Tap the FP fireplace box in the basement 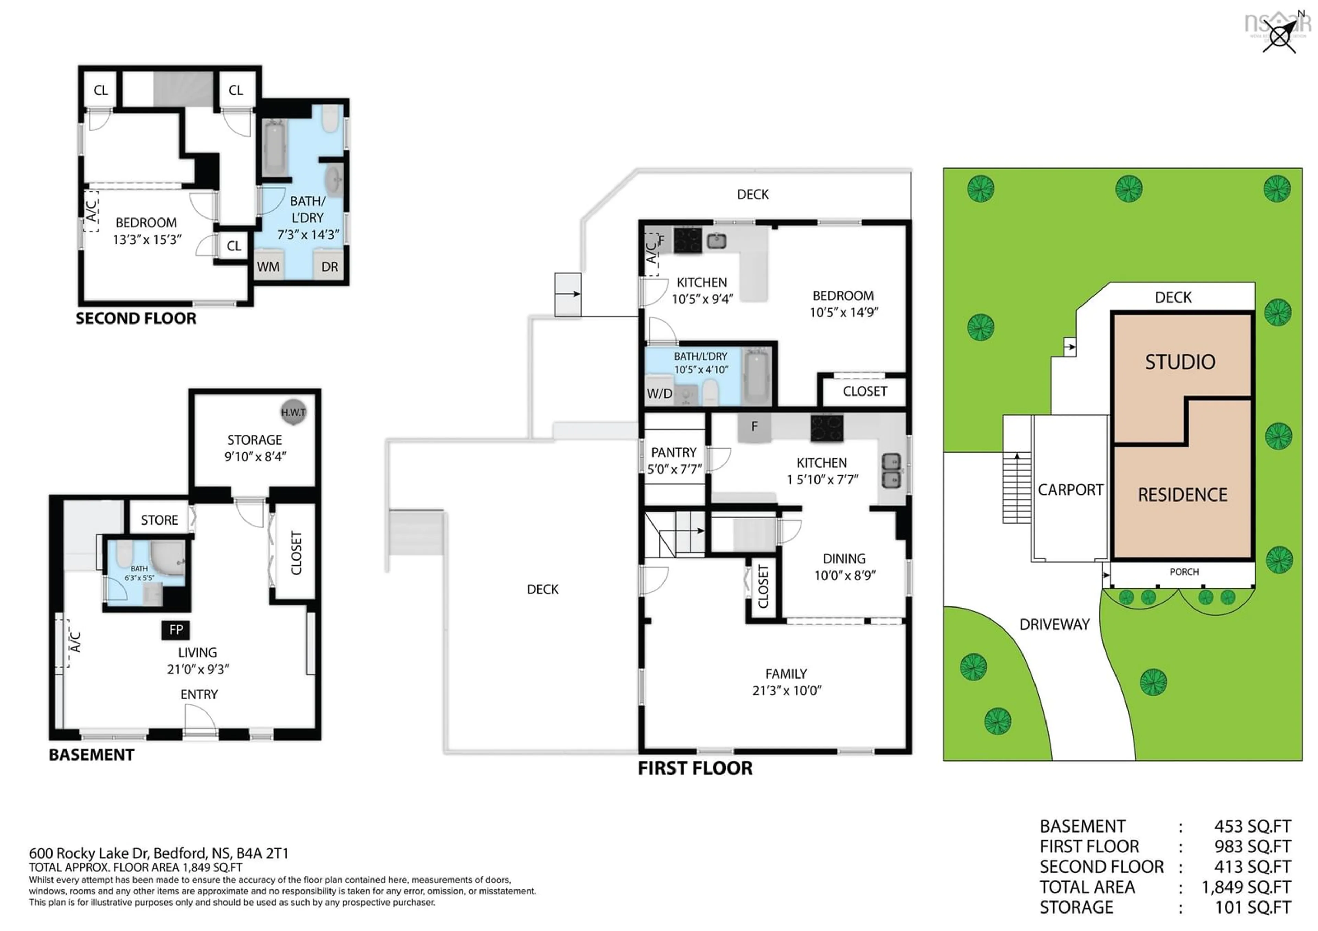click(176, 630)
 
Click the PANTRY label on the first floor click(673, 452)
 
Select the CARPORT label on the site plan click(1070, 490)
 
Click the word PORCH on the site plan click(1184, 572)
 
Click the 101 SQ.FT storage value click(1252, 907)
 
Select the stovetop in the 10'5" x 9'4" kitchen click(687, 240)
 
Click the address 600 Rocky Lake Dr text click(159, 853)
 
